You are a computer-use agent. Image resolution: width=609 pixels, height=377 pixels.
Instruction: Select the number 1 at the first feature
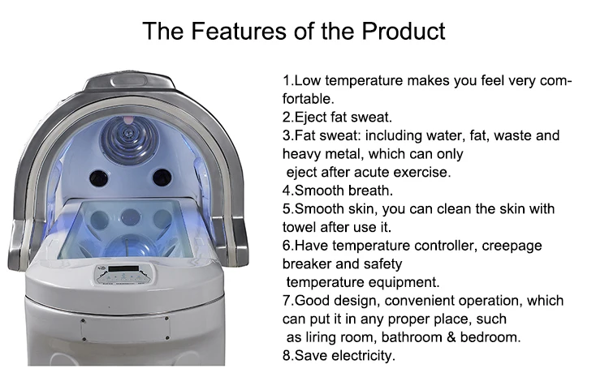coord(286,81)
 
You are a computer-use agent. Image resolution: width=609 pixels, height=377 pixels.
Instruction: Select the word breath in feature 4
coord(369,191)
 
